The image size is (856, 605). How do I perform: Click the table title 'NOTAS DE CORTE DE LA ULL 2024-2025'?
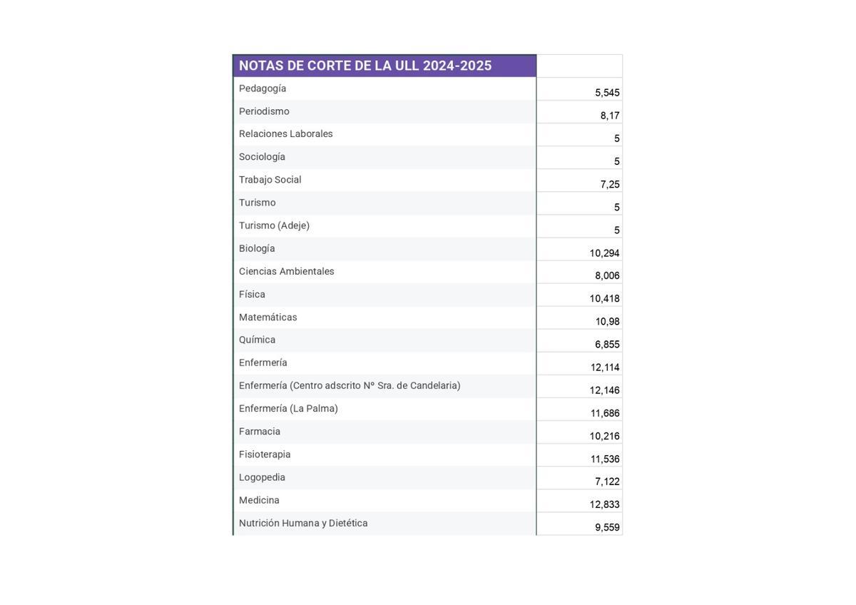click(x=365, y=66)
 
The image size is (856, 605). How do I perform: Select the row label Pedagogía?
click(x=263, y=88)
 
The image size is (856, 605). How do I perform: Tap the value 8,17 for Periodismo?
click(x=610, y=116)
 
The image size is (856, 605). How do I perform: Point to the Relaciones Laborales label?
click(x=286, y=134)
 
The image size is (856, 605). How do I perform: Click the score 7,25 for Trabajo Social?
click(x=610, y=184)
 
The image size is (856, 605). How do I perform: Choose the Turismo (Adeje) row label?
click(x=275, y=225)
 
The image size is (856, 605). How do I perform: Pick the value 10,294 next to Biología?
click(x=604, y=253)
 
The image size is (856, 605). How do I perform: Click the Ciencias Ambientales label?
click(x=287, y=272)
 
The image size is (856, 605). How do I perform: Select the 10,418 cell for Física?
click(x=604, y=299)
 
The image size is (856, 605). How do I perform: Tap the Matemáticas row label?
click(x=268, y=317)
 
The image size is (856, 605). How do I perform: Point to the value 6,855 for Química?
click(x=607, y=345)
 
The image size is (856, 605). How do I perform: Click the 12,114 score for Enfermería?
click(x=605, y=367)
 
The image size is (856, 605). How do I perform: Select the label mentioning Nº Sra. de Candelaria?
click(x=350, y=386)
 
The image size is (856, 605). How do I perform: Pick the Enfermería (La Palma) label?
click(x=288, y=409)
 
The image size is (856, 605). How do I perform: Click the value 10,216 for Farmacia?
click(x=604, y=436)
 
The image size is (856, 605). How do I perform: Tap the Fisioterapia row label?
click(x=265, y=454)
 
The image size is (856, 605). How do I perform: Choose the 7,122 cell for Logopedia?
click(x=607, y=482)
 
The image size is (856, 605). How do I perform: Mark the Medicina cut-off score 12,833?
click(x=604, y=504)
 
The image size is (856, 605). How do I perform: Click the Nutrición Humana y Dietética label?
click(x=303, y=523)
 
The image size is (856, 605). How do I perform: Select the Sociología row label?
click(x=262, y=157)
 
